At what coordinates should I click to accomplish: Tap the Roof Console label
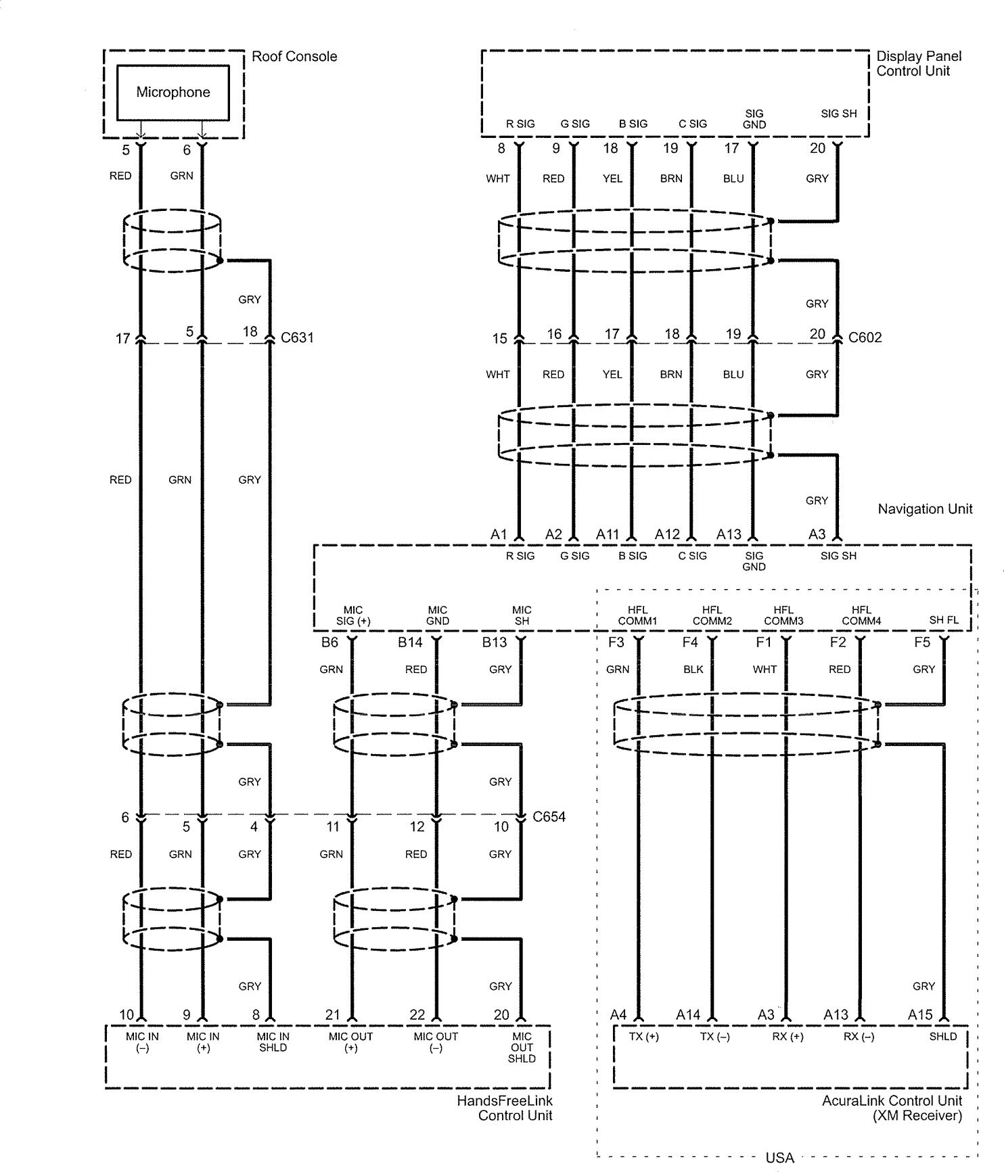pos(294,57)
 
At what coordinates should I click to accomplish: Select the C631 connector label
pos(297,337)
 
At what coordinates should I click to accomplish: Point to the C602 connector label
pos(865,337)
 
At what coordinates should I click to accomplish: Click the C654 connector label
pos(549,816)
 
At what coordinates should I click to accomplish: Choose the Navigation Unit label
pos(925,509)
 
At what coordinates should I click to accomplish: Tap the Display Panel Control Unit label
pos(919,64)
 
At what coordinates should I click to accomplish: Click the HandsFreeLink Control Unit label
pos(505,1108)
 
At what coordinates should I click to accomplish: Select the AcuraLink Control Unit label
pos(892,1108)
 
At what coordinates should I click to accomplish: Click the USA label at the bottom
pos(779,1158)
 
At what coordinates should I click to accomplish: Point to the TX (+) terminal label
pos(644,1037)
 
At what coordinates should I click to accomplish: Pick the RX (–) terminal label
pos(859,1037)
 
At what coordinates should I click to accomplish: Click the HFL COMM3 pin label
pos(783,615)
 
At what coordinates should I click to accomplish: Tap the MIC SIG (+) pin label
pos(353,615)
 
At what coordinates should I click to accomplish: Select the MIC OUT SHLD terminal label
pos(522,1048)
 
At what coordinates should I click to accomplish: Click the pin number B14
pos(410,642)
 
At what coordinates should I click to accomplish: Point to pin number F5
pos(922,642)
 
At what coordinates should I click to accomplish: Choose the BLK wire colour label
pos(693,670)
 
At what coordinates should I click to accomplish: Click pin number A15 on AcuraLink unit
pos(920,1014)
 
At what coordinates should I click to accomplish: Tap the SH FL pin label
pos(944,620)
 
